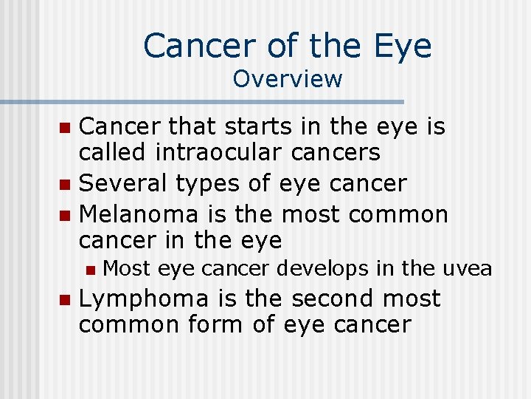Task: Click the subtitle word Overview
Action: [288, 78]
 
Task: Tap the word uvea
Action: [467, 269]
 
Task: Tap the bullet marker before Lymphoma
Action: [64, 300]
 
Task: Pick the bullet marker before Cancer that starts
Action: [64, 128]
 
